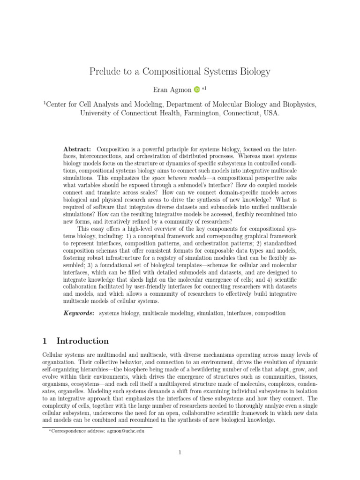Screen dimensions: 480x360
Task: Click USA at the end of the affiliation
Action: [x=271, y=113]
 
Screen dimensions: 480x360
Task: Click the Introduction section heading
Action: [x=82, y=341]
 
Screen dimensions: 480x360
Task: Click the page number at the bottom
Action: [x=180, y=452]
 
